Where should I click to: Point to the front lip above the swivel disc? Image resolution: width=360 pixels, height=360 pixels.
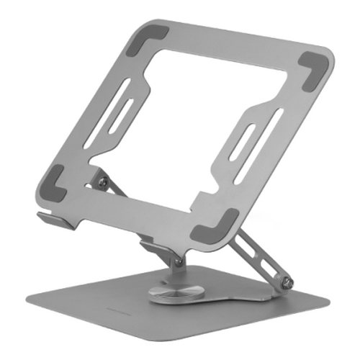pyautogui.click(x=156, y=248)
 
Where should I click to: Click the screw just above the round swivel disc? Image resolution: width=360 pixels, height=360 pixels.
pyautogui.click(x=176, y=262)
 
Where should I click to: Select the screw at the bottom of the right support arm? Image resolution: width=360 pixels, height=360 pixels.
pyautogui.click(x=289, y=282)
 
